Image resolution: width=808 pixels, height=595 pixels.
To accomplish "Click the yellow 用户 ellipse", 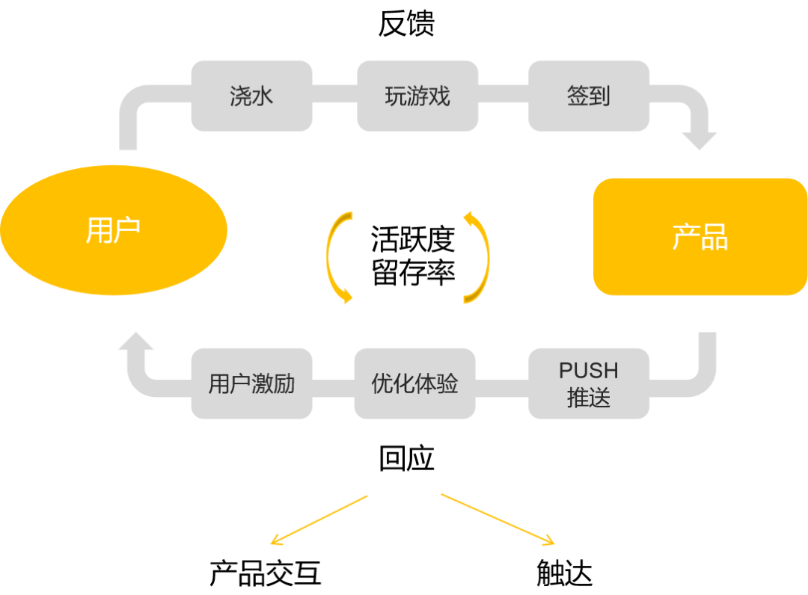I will tap(114, 230).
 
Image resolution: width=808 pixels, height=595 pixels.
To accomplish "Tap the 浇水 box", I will tap(251, 96).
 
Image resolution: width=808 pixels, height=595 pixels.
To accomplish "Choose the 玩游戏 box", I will tap(417, 96).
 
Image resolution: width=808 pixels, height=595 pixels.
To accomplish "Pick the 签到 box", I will tap(589, 96).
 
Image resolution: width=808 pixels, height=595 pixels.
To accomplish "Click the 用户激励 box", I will tap(251, 383).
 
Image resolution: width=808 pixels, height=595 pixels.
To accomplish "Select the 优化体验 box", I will tap(414, 383).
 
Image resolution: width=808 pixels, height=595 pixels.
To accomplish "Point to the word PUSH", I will tap(589, 371).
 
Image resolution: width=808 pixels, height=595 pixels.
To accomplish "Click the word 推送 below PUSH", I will tap(589, 398).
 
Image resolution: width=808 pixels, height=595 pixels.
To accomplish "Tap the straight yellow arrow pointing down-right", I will tap(498, 520).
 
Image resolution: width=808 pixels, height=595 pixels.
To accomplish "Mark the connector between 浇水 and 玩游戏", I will tap(334, 95).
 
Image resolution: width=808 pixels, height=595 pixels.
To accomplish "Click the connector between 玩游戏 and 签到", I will tap(503, 95).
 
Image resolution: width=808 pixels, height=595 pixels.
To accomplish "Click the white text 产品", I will tap(700, 237).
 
